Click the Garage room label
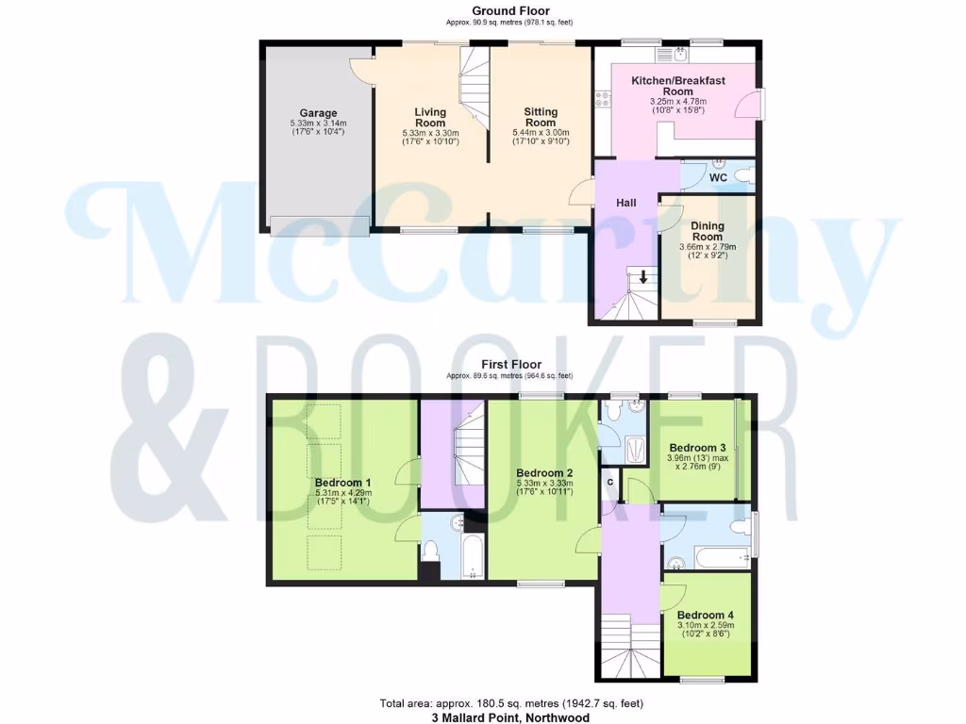coord(318,113)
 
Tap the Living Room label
coord(430,118)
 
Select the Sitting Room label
coord(541,117)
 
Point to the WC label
coord(718,177)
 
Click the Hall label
coord(626,203)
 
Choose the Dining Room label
coord(708,231)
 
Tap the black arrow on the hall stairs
coord(643,277)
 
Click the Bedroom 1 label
coord(342,483)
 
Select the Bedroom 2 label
coord(544,473)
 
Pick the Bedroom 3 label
coord(697,448)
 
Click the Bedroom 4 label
coord(706,615)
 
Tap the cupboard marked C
coord(610,483)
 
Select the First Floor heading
coord(510,365)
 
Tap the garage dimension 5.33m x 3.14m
coord(318,123)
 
